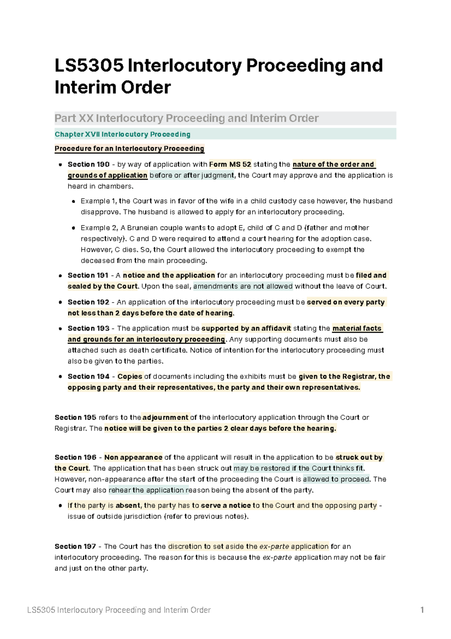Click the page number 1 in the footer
tap(422, 610)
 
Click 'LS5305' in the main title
tap(89, 66)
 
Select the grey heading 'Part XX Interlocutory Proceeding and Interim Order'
tap(187, 119)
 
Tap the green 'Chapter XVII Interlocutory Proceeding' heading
tap(123, 134)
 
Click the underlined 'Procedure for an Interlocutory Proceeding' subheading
tap(129, 149)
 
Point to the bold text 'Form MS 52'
tap(230, 164)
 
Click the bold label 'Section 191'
tap(88, 275)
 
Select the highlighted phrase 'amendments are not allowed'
tap(243, 286)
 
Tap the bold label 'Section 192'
tap(88, 302)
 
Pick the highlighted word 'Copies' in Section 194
tap(130, 377)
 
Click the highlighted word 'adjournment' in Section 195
tap(165, 418)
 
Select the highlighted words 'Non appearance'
tap(133, 458)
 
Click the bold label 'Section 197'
tap(75, 546)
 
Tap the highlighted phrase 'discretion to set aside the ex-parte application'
tap(248, 546)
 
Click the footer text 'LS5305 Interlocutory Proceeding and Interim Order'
tap(119, 610)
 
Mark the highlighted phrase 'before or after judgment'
tap(192, 175)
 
